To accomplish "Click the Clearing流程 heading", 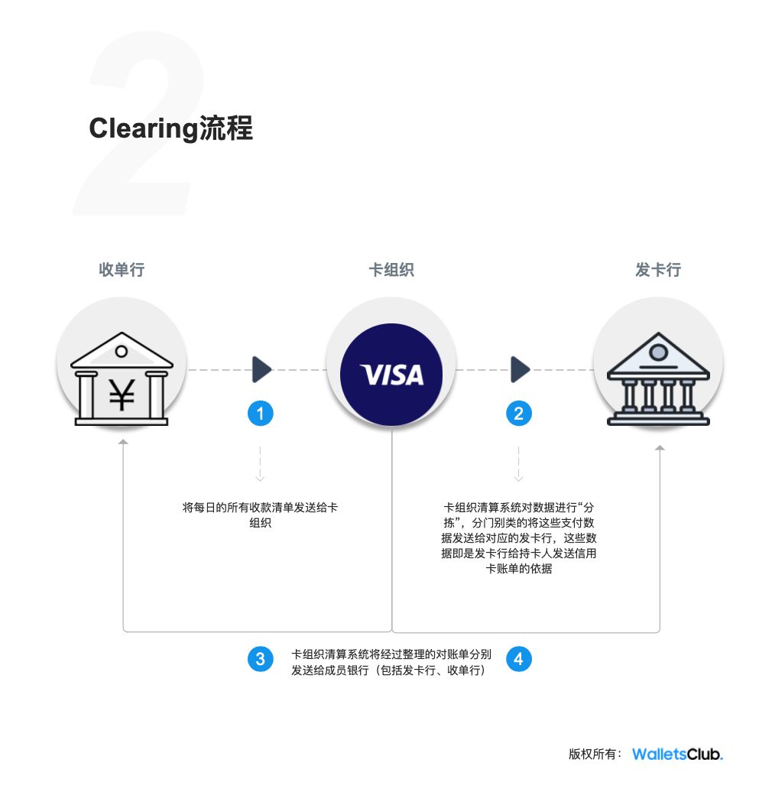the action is (x=170, y=128).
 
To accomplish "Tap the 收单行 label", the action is (x=122, y=269).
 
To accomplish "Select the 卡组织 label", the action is (x=391, y=269).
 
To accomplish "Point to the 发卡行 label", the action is (x=658, y=269).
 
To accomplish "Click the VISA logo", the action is (x=391, y=374).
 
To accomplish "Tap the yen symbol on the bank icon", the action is (x=122, y=394).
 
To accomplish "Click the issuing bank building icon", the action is (x=658, y=381).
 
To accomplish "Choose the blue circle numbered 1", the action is (x=261, y=414).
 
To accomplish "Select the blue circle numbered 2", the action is (x=519, y=414).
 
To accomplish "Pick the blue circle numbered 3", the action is (x=261, y=658).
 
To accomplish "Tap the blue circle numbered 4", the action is (x=519, y=658).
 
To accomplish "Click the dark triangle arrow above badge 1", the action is (x=261, y=369).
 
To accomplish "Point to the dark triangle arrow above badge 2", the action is (x=520, y=369).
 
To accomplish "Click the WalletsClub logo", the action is (x=677, y=754).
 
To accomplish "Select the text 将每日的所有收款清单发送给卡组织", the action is (x=260, y=516).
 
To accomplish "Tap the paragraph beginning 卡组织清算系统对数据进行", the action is (x=519, y=538).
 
